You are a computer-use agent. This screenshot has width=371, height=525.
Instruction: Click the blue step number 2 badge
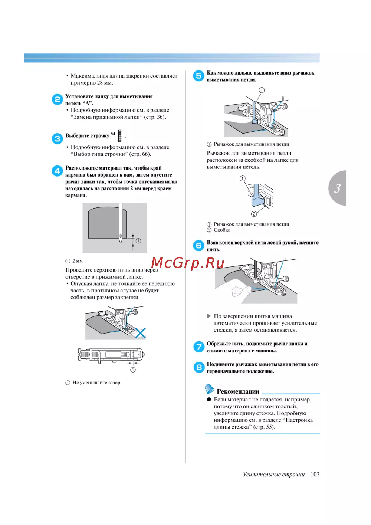click(57, 99)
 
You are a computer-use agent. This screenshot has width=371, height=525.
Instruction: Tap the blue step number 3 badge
click(57, 139)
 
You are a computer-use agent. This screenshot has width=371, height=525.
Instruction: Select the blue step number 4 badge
click(57, 171)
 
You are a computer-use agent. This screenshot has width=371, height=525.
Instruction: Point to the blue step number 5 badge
click(198, 76)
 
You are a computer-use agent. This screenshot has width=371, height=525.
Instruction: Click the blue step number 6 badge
click(198, 246)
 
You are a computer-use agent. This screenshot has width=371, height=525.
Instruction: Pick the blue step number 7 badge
click(199, 347)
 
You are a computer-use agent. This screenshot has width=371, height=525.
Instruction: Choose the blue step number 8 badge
click(199, 367)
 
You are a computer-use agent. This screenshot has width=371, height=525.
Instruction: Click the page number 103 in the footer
click(315, 474)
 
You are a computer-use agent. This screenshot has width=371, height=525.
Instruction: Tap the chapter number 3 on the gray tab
click(337, 188)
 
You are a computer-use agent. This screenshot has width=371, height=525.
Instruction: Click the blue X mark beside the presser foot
click(140, 333)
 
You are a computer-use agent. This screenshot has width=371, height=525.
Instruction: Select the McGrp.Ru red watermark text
click(188, 263)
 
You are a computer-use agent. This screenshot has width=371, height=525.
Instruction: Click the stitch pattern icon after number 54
click(119, 136)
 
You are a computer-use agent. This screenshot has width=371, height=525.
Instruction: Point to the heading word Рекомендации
click(238, 391)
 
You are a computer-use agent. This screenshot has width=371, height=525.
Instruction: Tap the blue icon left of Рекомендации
click(210, 389)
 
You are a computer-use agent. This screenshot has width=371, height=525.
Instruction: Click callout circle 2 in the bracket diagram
click(254, 214)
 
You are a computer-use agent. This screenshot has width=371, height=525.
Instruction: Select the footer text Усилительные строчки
click(273, 475)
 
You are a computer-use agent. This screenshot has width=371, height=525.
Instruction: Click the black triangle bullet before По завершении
click(209, 316)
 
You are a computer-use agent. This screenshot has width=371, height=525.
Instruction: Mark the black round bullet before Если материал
click(209, 400)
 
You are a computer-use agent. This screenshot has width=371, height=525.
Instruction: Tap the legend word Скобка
click(222, 230)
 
